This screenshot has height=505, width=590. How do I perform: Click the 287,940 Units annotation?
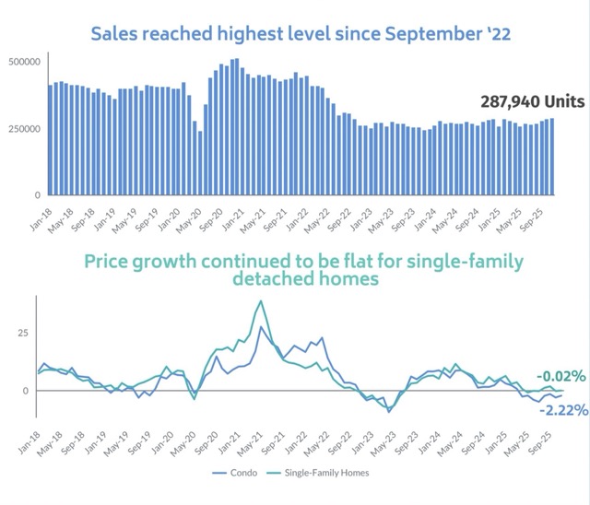pos(532,101)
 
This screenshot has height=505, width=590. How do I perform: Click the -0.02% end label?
pos(561,376)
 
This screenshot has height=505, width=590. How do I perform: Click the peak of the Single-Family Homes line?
pos(261,301)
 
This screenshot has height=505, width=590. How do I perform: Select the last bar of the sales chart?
pos(551,157)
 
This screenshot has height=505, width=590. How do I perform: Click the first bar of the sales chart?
pos(50,140)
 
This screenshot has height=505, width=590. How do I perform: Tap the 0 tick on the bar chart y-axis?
pos(37,195)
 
